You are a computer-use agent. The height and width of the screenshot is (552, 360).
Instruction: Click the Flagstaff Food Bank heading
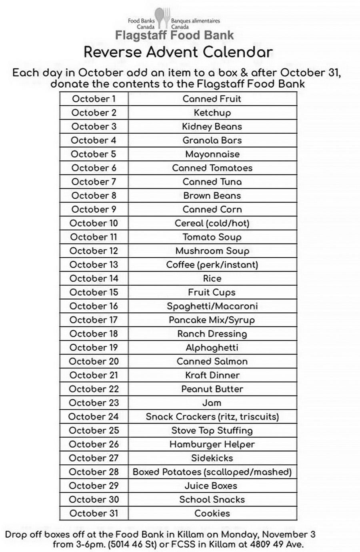[x=174, y=35]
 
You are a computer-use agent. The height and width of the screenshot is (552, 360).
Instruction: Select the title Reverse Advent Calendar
[x=178, y=52]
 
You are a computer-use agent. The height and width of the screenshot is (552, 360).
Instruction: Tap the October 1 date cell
[x=94, y=99]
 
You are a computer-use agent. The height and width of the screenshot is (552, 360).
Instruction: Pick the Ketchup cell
[x=212, y=113]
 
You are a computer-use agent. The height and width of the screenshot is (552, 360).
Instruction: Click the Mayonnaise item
[x=212, y=154]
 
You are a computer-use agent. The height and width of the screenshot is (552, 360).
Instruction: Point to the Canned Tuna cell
[x=212, y=182]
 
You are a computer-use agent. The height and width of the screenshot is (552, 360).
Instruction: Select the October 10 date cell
[x=94, y=223]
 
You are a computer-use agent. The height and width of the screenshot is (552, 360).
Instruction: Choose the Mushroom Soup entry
[x=212, y=251]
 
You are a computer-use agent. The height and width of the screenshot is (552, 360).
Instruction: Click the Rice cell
[x=212, y=278]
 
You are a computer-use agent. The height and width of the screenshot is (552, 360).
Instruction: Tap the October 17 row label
[x=94, y=320]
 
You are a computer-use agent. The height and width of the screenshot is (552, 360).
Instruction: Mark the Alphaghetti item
[x=212, y=348]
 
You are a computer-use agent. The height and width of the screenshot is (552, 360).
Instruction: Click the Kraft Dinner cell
[x=212, y=375]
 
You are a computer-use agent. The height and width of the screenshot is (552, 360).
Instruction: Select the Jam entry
[x=212, y=403]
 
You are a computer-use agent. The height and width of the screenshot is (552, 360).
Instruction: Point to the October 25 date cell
[x=94, y=430]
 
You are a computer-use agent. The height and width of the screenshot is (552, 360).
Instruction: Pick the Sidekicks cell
[x=212, y=458]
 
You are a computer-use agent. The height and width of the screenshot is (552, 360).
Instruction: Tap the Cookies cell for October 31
[x=212, y=513]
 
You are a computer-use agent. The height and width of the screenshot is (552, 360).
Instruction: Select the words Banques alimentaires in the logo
[x=195, y=21]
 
